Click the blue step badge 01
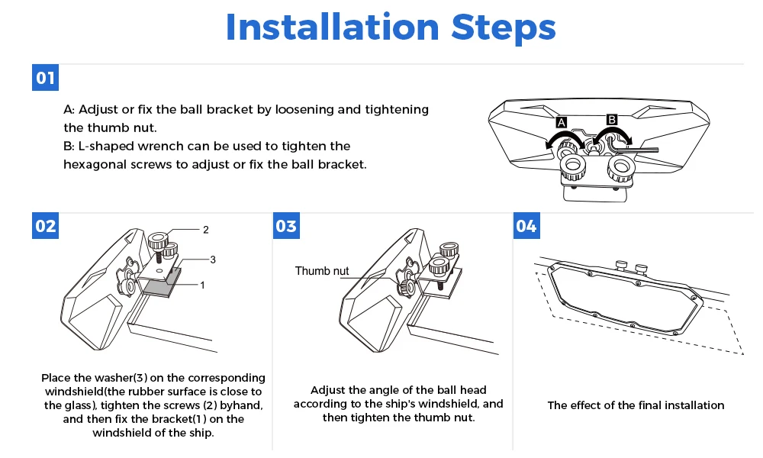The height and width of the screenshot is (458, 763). (46, 79)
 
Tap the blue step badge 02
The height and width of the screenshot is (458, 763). (46, 226)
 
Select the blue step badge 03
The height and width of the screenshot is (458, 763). (286, 226)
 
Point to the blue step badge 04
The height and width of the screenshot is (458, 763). (526, 226)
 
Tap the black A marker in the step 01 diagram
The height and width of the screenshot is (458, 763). (561, 122)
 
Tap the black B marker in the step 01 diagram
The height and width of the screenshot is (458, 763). (611, 119)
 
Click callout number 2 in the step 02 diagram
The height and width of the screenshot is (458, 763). (205, 229)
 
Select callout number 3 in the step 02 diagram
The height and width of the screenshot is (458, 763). (213, 260)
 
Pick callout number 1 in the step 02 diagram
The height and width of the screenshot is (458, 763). (203, 285)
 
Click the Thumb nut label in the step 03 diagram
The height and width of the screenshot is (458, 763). (322, 271)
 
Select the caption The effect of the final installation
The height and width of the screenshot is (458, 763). (636, 405)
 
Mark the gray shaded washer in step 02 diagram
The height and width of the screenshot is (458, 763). (162, 286)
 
